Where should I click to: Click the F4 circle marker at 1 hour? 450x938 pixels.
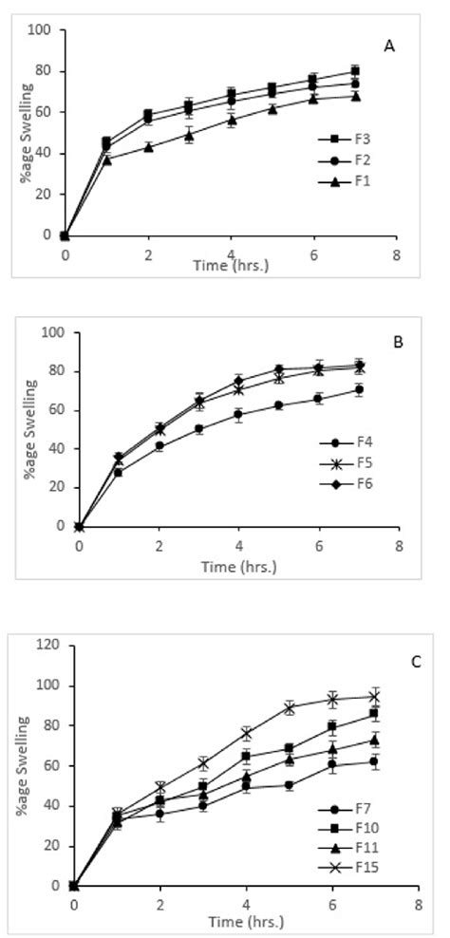119,472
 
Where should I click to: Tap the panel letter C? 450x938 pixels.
415,661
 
